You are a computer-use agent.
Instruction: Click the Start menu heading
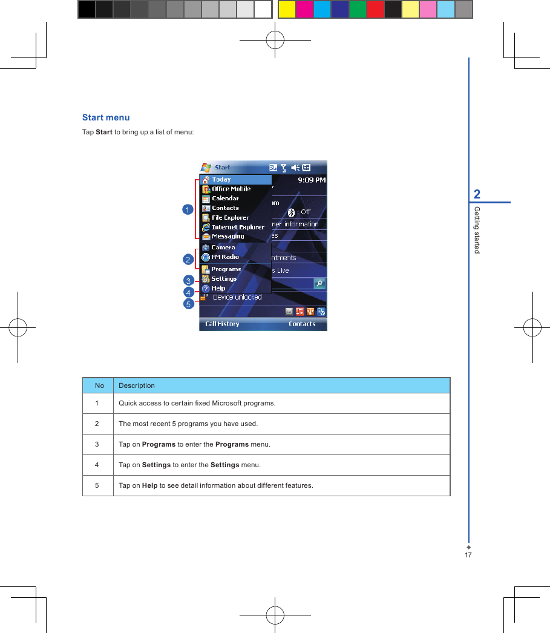(x=106, y=117)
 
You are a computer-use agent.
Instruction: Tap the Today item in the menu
(x=221, y=180)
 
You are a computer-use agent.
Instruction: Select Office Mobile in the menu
(x=231, y=189)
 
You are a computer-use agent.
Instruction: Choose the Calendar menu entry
(x=225, y=198)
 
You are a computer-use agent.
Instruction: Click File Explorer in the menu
(x=230, y=218)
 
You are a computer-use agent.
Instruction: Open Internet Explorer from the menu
(x=238, y=228)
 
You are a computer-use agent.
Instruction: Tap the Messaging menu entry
(x=228, y=237)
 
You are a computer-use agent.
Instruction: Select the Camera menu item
(x=223, y=248)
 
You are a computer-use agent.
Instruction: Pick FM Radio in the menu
(x=225, y=257)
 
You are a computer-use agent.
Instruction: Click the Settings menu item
(x=224, y=279)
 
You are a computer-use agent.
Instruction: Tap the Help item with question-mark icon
(x=218, y=289)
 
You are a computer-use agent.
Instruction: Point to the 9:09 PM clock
(x=312, y=180)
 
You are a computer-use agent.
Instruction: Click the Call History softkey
(x=222, y=324)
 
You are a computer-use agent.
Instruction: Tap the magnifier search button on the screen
(x=319, y=283)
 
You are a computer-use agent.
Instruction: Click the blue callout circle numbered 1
(x=188, y=209)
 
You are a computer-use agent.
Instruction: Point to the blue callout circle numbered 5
(x=189, y=304)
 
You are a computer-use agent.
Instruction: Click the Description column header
(x=137, y=385)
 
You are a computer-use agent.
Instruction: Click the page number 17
(x=468, y=555)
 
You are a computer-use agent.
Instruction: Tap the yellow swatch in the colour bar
(x=287, y=10)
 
